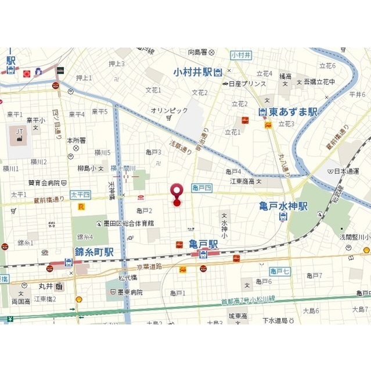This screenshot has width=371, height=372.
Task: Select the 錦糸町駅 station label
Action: (94, 252)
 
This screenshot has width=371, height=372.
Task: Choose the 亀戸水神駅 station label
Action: (283, 206)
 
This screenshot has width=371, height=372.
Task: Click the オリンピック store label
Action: (169, 110)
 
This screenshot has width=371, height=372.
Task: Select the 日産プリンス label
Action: (244, 84)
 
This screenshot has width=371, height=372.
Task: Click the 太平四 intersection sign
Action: (80, 194)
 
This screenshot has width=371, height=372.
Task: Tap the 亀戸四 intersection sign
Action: (201, 187)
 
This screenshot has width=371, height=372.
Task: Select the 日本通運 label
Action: (348, 171)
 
